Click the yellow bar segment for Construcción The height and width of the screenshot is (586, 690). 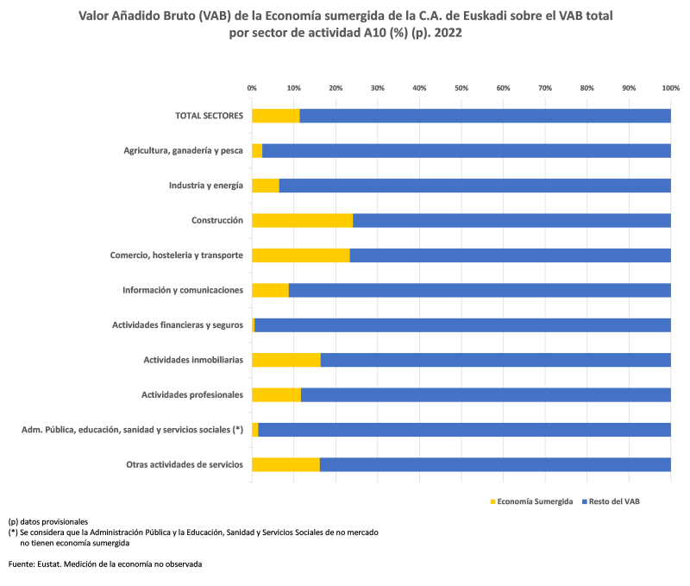(302, 220)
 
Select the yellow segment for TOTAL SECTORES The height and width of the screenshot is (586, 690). (276, 116)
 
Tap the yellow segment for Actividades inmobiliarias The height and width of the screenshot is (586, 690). (285, 360)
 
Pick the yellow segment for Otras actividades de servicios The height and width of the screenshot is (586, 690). (285, 464)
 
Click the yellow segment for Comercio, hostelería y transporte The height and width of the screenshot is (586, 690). (300, 255)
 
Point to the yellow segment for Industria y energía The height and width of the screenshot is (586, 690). (266, 186)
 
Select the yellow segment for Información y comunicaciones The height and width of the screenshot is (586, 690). (270, 290)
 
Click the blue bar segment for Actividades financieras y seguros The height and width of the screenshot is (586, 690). (462, 325)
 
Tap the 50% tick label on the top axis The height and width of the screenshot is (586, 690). (461, 88)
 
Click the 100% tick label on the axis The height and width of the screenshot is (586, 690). (670, 88)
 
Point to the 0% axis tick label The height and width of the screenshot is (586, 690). (252, 88)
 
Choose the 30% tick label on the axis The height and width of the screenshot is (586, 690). (378, 88)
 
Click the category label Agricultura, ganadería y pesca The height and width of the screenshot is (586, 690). (183, 151)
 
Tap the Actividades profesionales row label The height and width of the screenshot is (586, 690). (191, 395)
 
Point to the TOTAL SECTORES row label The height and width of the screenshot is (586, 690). (209, 116)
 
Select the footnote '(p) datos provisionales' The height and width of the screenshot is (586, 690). (48, 521)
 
